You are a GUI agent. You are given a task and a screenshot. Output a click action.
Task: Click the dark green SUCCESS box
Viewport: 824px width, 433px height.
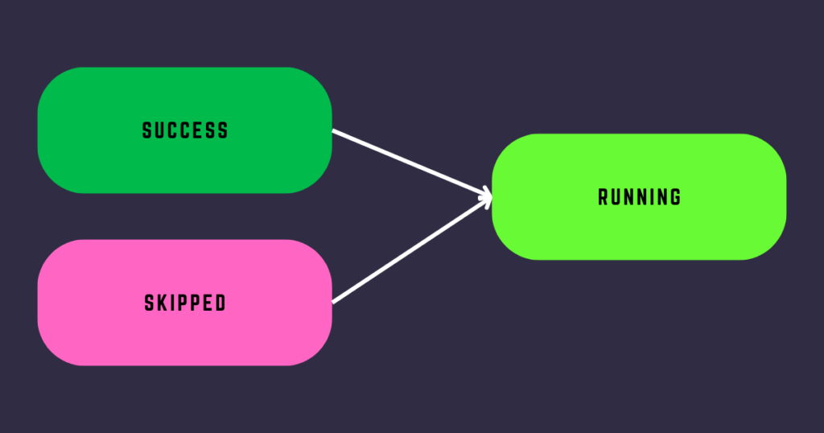(184, 130)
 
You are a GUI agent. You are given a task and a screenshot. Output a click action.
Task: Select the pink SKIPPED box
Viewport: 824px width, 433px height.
(184, 303)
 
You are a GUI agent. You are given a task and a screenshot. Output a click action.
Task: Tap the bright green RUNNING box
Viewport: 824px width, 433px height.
(639, 197)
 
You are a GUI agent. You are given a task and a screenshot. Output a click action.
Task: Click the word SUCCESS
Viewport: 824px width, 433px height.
(185, 130)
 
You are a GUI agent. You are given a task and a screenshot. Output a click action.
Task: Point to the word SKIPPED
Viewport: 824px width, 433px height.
(185, 303)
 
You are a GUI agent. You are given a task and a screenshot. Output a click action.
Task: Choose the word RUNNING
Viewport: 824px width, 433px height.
(640, 197)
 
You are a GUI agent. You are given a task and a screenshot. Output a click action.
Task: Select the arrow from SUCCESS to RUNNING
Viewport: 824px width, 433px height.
(412, 163)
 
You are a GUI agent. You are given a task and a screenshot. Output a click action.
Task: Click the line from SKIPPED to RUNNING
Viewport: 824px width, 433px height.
(412, 250)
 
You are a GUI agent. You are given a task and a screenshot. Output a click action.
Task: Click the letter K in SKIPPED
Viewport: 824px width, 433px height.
(161, 303)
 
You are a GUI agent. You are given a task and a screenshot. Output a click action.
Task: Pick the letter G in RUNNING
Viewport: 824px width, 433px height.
(675, 197)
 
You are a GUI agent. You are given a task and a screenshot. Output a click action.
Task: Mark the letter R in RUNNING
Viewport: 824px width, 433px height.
(604, 197)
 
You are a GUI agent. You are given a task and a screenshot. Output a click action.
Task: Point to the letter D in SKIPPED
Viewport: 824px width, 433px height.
(220, 303)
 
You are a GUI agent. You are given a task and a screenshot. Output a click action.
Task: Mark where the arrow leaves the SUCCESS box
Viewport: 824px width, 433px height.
(332, 130)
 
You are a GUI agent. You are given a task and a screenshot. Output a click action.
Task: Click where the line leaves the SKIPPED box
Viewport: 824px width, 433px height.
(332, 302)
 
